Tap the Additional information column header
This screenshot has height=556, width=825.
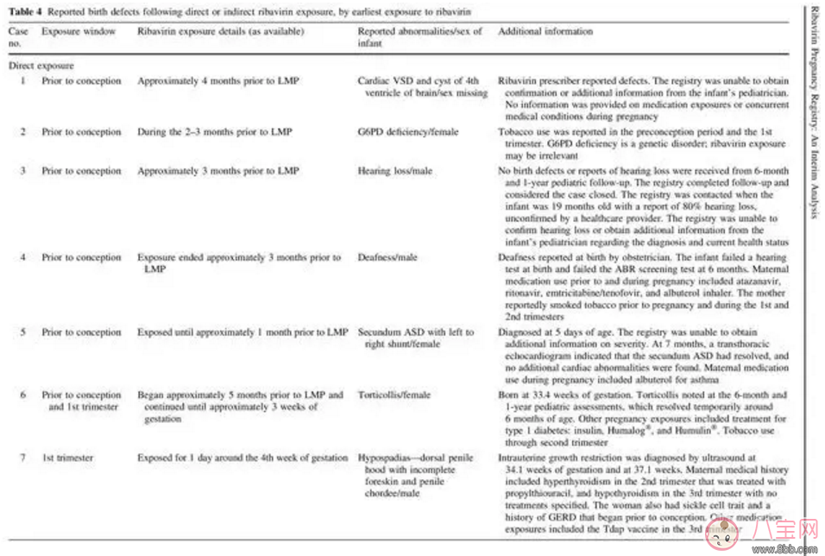[545, 32]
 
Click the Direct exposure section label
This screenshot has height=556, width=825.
[41, 65]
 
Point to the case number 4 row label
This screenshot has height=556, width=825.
[22, 257]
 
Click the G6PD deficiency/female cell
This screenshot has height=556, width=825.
[408, 132]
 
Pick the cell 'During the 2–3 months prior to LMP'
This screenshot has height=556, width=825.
[214, 132]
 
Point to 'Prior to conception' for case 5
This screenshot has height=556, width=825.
[81, 332]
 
